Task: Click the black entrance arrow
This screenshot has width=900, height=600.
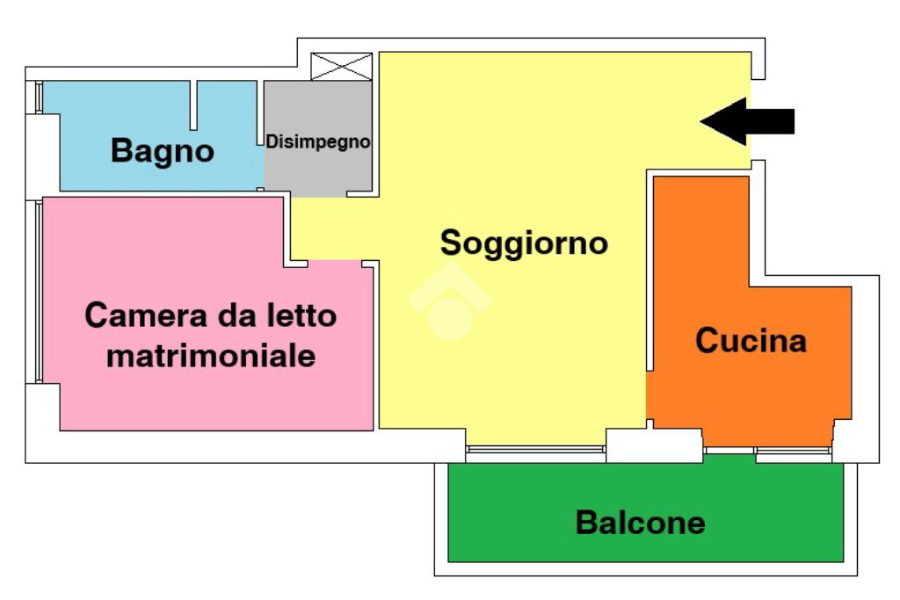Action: point(747,121)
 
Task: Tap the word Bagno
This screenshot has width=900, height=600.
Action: point(163,151)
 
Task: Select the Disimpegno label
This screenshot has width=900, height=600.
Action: point(318,141)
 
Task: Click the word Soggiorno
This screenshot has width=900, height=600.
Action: point(524,242)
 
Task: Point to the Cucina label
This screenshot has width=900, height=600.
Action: point(751,340)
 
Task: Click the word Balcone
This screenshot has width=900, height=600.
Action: point(640,523)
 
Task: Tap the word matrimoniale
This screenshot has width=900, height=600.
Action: point(210,357)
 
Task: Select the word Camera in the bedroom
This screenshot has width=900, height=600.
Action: point(138,314)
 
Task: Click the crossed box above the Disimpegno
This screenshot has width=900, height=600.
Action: point(342,67)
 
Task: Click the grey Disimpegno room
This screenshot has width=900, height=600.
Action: point(318,171)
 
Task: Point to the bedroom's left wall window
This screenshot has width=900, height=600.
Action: point(39,290)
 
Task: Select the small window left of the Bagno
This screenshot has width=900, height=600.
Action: point(39,97)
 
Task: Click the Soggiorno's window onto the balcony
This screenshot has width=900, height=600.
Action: point(535,452)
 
